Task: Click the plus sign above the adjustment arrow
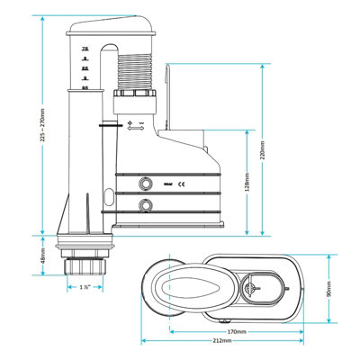[131, 121]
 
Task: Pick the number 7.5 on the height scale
[84, 47]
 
